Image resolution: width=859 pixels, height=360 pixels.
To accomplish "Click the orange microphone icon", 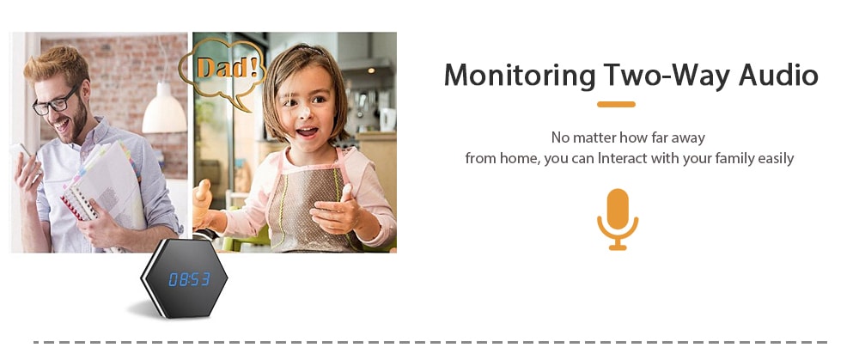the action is point(618,219).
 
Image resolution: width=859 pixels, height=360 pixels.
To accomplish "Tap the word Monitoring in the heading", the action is point(520,75).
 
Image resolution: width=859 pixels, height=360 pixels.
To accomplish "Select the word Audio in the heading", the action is point(778,75).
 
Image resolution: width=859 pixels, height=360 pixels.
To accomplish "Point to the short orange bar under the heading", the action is point(616,104).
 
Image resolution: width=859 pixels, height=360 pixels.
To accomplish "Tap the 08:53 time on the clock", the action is point(189,279).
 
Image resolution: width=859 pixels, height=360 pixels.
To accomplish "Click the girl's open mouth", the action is point(307,132).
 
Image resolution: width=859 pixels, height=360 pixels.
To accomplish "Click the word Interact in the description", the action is point(622,158).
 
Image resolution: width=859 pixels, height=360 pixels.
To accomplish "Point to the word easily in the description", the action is point(776,159).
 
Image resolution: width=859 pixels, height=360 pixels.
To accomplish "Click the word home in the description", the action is point(519,158).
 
